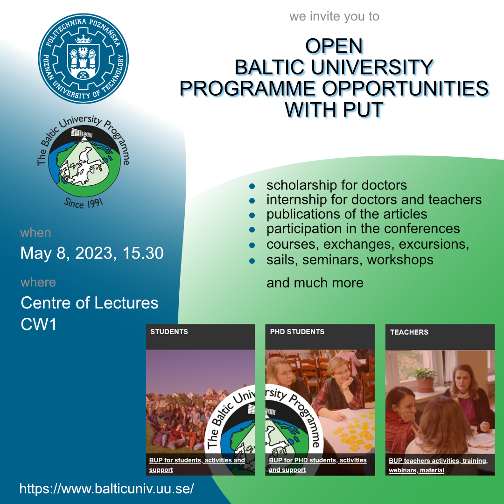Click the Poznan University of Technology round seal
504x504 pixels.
(83, 58)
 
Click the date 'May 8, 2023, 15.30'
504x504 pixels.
(92, 253)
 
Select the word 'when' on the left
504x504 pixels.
(35, 233)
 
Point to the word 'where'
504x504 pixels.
(38, 282)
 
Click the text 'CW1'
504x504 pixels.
(39, 324)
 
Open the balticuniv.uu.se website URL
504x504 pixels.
(107, 489)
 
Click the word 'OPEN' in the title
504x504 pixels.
(334, 46)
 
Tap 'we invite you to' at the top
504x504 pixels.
(334, 16)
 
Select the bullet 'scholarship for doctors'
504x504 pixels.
(336, 185)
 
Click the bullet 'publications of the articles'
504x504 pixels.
(347, 214)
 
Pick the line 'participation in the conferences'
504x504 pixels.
(363, 229)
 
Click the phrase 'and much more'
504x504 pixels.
(315, 283)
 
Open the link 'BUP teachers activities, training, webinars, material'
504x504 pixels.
(438, 465)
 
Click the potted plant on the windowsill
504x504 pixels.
(425, 379)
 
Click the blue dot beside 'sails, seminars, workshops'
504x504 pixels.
(252, 261)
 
